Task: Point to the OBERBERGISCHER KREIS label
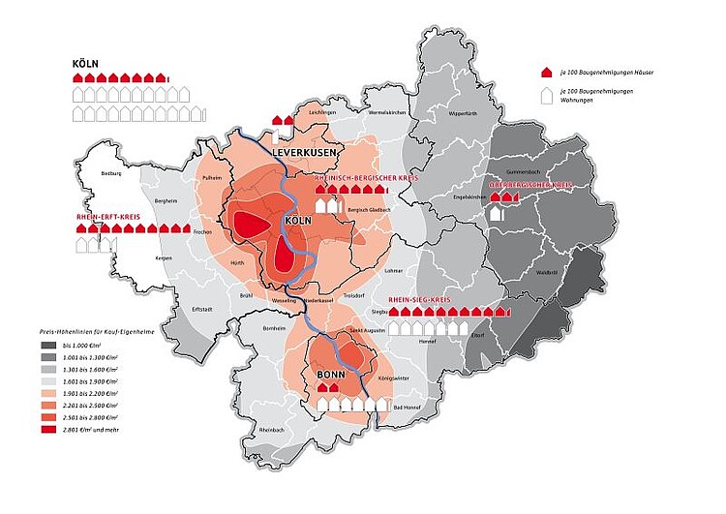[531, 183]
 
